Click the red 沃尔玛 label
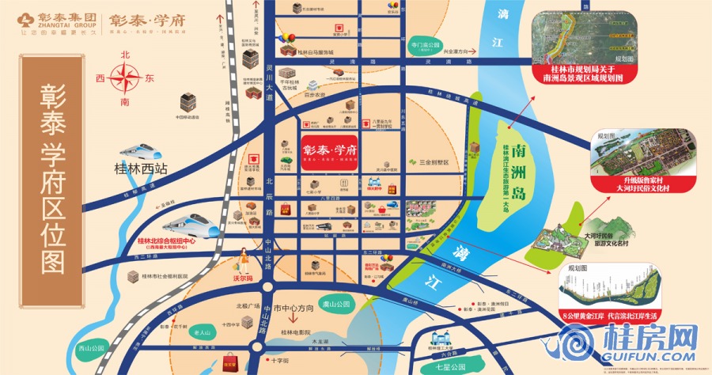pyautogui.click(x=243, y=278)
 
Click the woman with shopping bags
pyautogui.click(x=244, y=260)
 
